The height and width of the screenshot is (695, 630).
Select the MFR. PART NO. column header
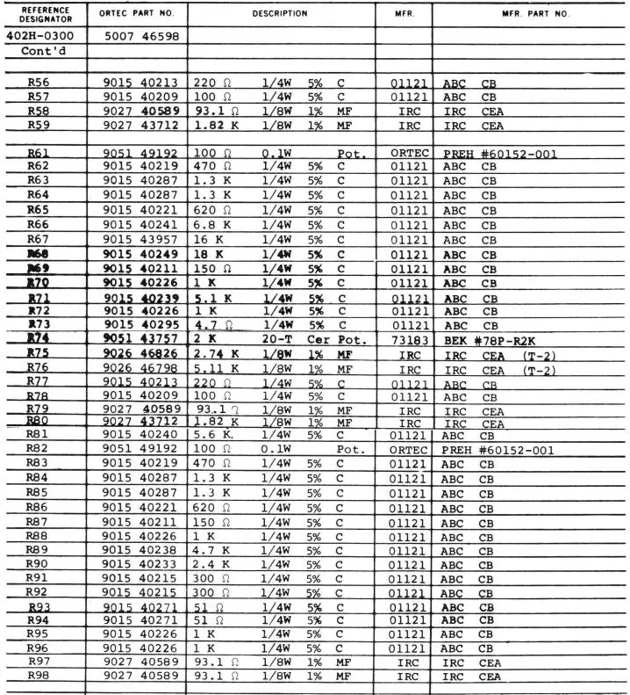[x=535, y=14]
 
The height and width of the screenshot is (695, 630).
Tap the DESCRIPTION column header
[x=280, y=14]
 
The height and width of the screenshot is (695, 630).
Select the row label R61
[x=38, y=153]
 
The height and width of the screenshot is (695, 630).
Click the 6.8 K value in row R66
[x=211, y=224]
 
